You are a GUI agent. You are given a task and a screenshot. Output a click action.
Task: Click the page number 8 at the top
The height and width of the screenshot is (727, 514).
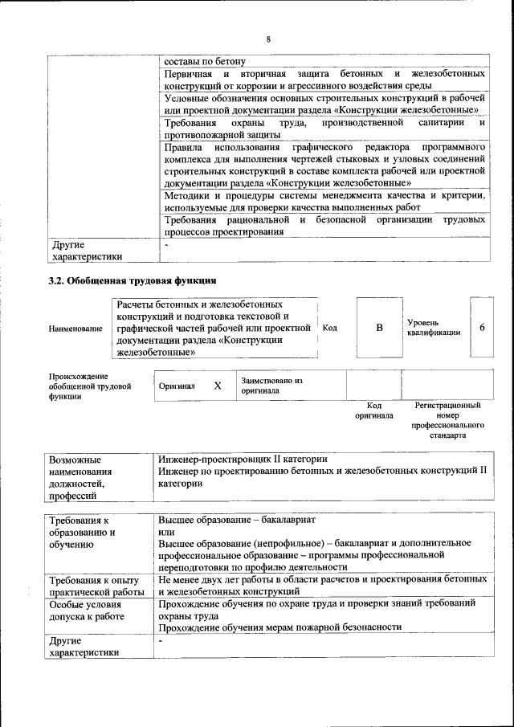tap(268, 39)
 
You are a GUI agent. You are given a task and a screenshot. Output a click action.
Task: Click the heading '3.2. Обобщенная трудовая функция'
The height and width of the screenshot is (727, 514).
tap(133, 281)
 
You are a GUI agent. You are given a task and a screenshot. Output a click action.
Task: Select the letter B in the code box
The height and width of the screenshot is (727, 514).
tap(379, 328)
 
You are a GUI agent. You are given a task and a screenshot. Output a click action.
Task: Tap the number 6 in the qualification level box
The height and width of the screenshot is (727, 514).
tap(482, 328)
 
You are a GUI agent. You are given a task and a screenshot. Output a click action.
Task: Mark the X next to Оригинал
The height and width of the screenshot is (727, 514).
tap(217, 386)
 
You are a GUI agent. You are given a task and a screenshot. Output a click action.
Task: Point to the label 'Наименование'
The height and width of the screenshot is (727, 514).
tap(75, 329)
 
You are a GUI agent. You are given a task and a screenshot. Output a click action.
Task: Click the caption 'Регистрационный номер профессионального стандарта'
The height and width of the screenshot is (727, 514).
tap(447, 422)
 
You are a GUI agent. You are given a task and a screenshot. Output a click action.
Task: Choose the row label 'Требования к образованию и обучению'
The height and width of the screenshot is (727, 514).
tap(83, 532)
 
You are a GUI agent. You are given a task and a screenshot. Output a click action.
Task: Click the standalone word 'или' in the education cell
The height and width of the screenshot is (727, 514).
tap(166, 532)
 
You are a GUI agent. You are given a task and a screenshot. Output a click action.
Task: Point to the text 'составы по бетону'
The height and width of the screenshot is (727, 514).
tap(204, 61)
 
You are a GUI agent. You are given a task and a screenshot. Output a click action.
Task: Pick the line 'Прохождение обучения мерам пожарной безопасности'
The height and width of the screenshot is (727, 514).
tap(279, 627)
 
